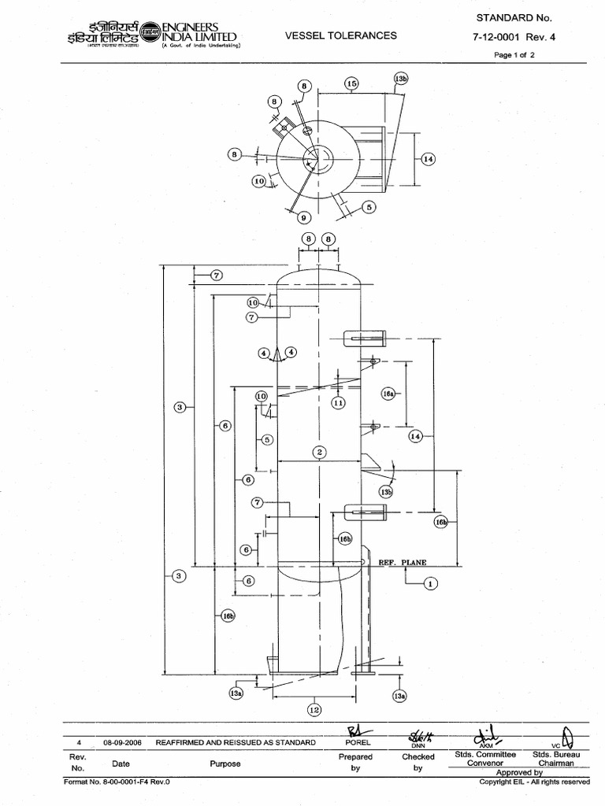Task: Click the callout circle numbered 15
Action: pyautogui.click(x=351, y=83)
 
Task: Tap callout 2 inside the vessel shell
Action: pyautogui.click(x=319, y=452)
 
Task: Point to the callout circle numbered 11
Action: pyautogui.click(x=338, y=403)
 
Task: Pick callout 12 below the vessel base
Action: pyautogui.click(x=314, y=710)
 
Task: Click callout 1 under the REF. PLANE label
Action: pyautogui.click(x=430, y=583)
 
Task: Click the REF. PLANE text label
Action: pyautogui.click(x=403, y=564)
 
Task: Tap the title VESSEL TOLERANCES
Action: pyautogui.click(x=340, y=35)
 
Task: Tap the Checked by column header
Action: pyautogui.click(x=418, y=762)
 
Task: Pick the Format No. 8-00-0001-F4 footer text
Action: pyautogui.click(x=117, y=782)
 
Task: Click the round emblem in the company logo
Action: pyautogui.click(x=149, y=37)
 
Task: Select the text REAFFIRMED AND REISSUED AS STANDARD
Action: pyautogui.click(x=236, y=742)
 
